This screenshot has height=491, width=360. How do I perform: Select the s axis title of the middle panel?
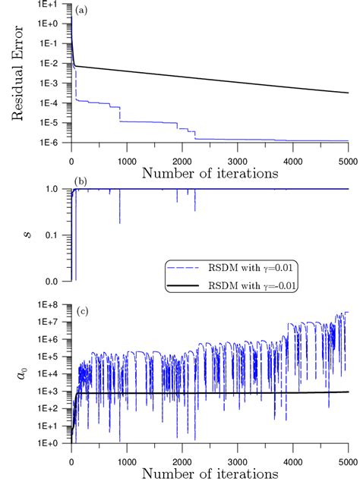[16, 234]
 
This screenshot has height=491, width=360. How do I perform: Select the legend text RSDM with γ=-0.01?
[258, 287]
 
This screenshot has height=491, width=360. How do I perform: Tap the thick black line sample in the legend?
[189, 287]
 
